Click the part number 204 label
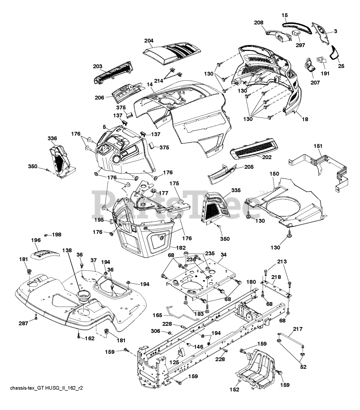click(149, 41)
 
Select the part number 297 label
click(300, 45)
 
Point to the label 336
click(52, 138)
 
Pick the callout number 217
click(298, 329)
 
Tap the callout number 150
click(274, 173)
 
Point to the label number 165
click(157, 316)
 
